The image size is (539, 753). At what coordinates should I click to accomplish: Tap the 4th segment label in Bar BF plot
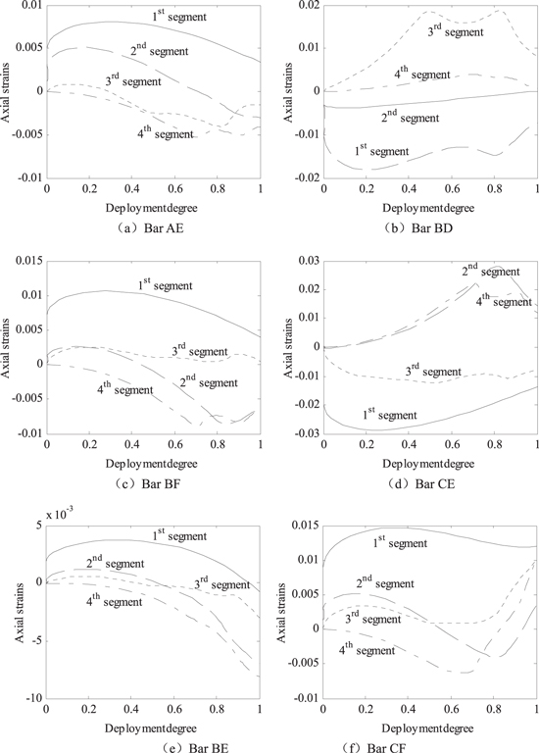(x=124, y=389)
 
